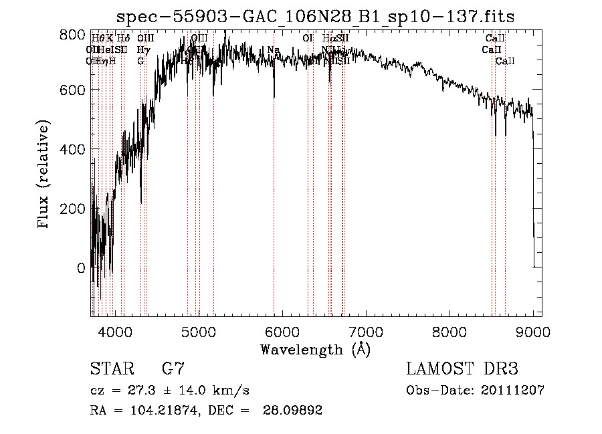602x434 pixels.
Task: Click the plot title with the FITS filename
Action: [315, 17]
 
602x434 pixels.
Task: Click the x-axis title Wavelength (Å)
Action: [315, 349]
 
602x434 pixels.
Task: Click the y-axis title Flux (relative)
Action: [44, 176]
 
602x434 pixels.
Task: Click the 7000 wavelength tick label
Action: [365, 330]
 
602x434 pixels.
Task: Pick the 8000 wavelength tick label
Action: [449, 330]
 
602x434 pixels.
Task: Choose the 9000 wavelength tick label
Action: [532, 330]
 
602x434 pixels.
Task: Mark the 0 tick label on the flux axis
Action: [81, 267]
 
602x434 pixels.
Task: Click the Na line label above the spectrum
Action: [273, 50]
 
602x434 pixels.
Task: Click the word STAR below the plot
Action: [112, 368]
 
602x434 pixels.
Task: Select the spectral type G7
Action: [173, 368]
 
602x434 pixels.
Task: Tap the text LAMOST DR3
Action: [462, 368]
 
